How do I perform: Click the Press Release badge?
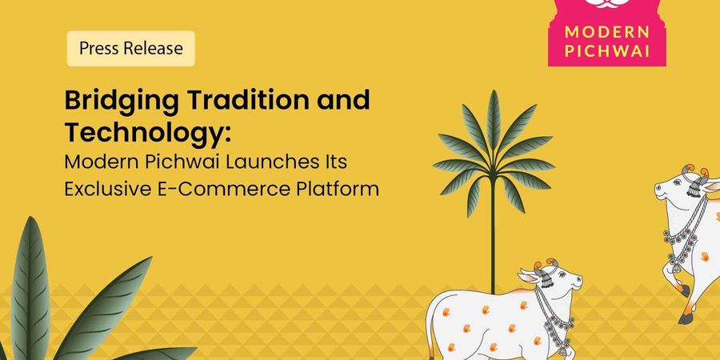pyautogui.click(x=131, y=48)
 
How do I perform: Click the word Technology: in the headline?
pyautogui.click(x=146, y=133)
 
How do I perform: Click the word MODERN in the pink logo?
pyautogui.click(x=606, y=33)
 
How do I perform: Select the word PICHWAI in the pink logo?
pyautogui.click(x=606, y=51)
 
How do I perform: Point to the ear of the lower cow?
pyautogui.click(x=528, y=276)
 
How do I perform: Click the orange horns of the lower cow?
pyautogui.click(x=546, y=265)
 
